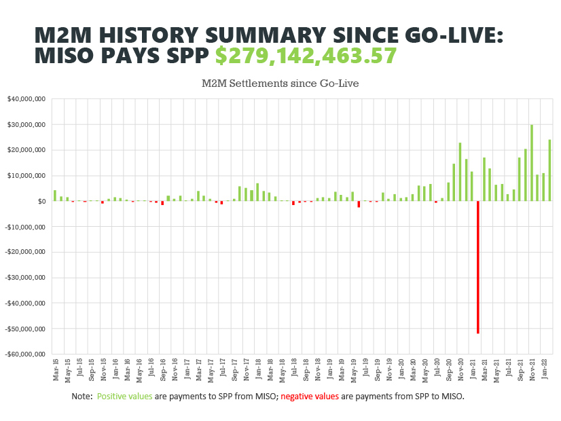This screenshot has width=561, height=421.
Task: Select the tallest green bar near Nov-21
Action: [x=532, y=163]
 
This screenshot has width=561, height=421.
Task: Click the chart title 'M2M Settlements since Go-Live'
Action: [x=280, y=84]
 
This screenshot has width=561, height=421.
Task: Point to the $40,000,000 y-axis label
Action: [x=26, y=99]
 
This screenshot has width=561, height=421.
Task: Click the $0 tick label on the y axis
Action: [x=41, y=201]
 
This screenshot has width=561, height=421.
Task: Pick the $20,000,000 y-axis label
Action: [x=26, y=150]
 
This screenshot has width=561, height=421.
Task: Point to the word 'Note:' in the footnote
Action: [x=82, y=396]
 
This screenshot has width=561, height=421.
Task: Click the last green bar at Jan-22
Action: [x=549, y=170]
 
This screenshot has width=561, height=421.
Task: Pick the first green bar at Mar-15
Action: [x=55, y=196]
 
